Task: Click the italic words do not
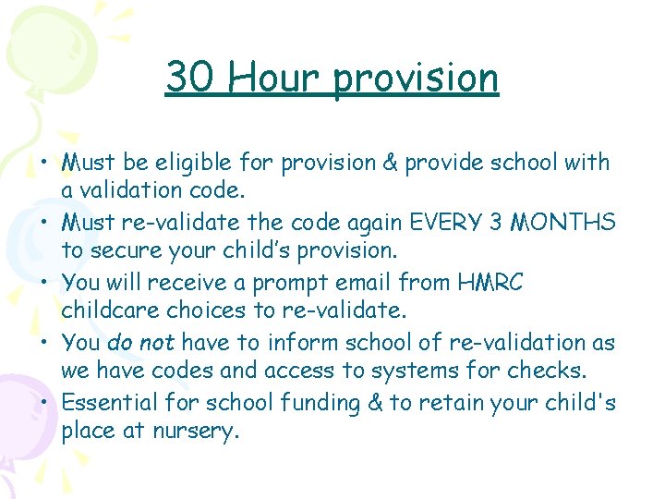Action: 141,343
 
